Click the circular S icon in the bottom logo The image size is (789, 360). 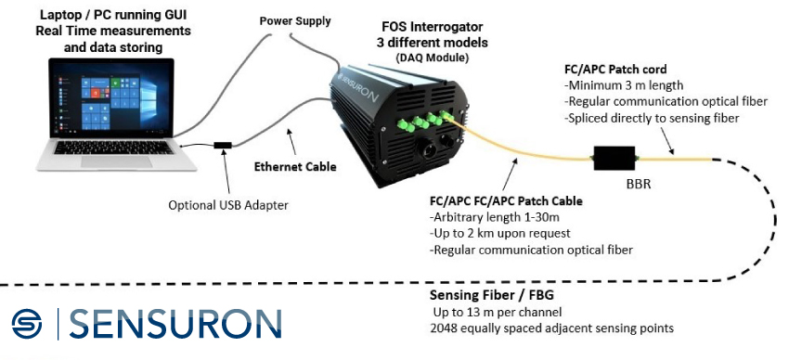(x=27, y=324)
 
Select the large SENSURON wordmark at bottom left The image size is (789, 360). (x=175, y=324)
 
